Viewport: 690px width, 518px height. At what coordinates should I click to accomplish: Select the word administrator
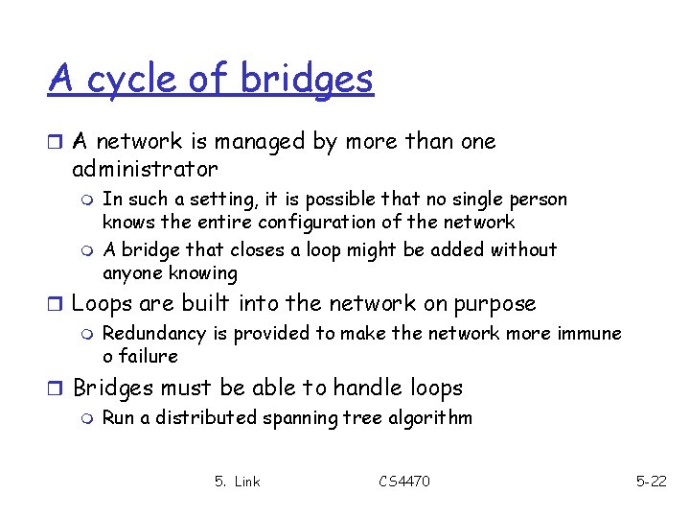coord(145,170)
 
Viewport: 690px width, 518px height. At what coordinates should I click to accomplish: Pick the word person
coord(536,200)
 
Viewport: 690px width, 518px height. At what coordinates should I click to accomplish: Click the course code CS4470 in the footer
coord(404,481)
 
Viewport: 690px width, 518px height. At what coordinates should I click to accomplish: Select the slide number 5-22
coord(652,481)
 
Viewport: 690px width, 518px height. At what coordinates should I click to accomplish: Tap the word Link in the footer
coord(247,481)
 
